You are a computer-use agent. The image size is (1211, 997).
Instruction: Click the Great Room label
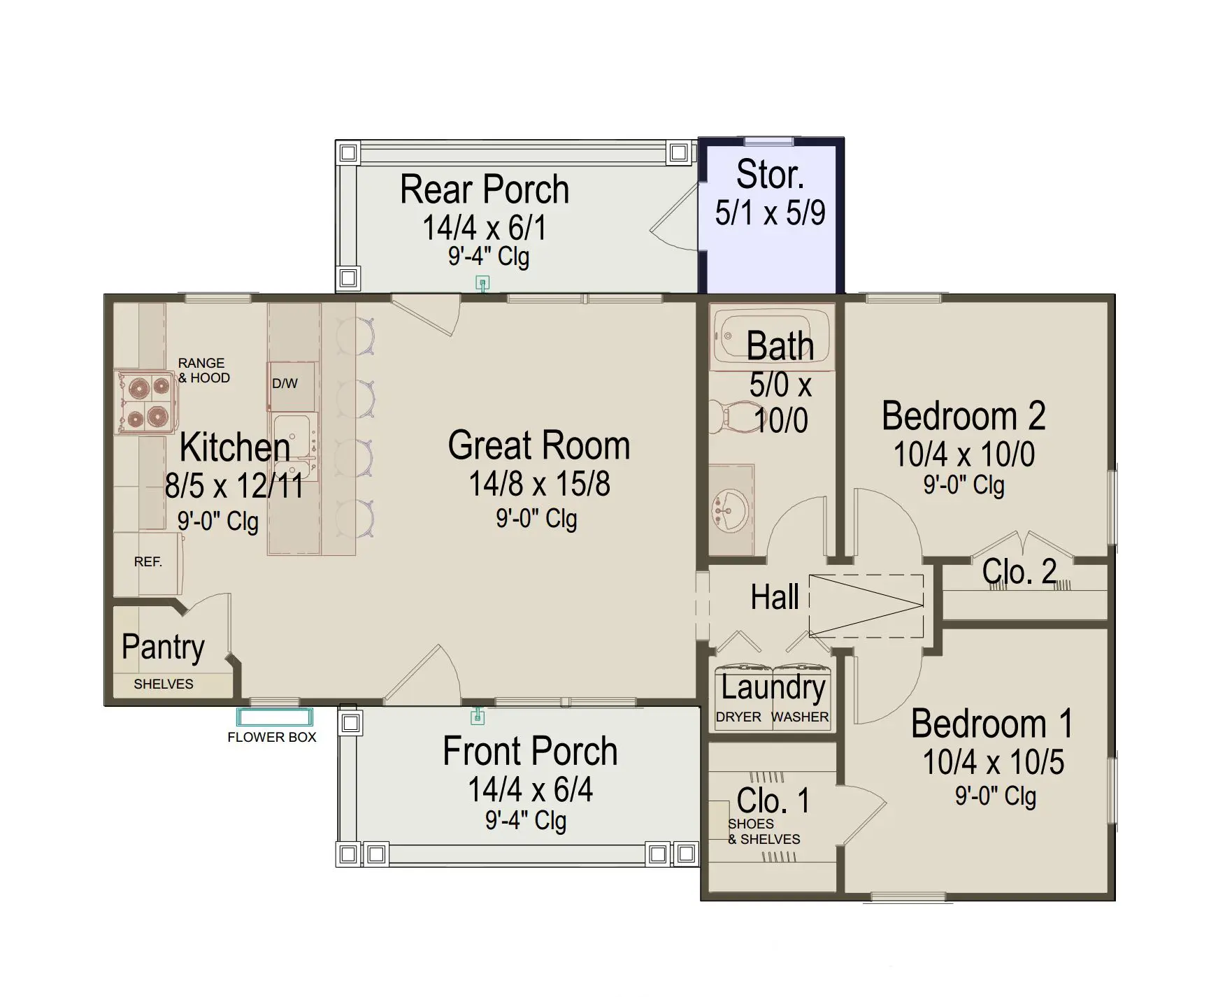click(539, 446)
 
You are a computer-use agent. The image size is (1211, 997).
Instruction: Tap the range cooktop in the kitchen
click(145, 402)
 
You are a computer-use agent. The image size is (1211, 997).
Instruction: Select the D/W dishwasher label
click(285, 383)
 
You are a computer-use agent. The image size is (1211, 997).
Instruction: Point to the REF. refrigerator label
click(148, 561)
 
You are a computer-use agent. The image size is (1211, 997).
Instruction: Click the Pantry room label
click(163, 647)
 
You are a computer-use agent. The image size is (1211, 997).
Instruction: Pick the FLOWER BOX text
click(272, 737)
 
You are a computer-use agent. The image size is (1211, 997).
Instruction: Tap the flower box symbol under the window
click(274, 717)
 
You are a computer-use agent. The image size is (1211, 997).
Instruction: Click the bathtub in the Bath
click(772, 339)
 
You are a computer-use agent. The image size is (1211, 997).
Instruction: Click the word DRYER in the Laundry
click(738, 717)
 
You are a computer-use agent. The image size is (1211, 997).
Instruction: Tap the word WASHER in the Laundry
click(800, 717)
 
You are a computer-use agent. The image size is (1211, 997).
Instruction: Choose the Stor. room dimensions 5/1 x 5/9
click(770, 213)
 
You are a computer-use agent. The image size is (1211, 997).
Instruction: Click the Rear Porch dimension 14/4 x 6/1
click(484, 227)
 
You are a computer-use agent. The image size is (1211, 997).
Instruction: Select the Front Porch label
click(530, 752)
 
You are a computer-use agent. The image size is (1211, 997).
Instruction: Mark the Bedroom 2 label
click(963, 416)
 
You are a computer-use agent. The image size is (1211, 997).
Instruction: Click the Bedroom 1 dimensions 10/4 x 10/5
click(994, 762)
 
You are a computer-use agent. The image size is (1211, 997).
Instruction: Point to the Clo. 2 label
click(1019, 572)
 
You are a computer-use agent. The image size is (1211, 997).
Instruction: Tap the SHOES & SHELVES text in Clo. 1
click(764, 831)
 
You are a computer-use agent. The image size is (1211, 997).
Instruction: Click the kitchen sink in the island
click(295, 446)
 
